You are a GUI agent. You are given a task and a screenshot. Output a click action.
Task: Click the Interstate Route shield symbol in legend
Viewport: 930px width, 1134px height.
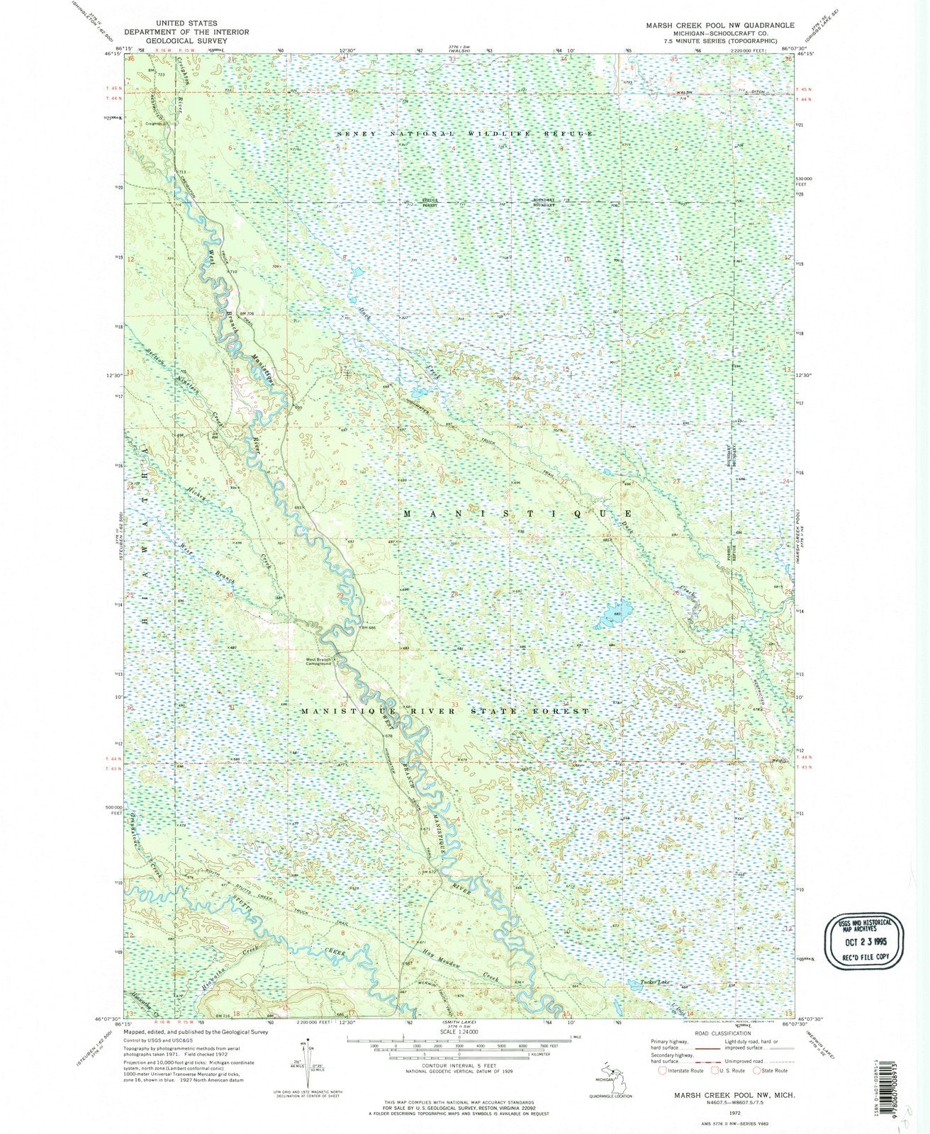[662, 1070]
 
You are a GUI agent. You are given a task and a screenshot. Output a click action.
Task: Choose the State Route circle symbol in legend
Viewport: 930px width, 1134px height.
[756, 1070]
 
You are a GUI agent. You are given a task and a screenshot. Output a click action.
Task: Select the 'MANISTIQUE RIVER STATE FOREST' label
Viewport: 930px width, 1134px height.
[444, 710]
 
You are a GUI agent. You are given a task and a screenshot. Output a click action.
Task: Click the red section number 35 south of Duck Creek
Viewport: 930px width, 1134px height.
[677, 707]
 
